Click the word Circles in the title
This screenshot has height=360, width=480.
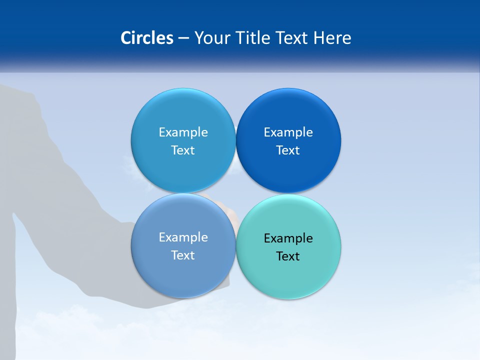(147, 38)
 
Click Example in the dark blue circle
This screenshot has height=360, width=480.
(288, 132)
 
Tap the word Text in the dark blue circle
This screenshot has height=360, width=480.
(288, 150)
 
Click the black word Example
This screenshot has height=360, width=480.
(288, 238)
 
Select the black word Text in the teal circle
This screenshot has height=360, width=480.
(288, 256)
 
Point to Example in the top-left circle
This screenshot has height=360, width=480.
(183, 132)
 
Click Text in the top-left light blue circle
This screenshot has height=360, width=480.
(183, 150)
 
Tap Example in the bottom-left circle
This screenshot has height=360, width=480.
(183, 237)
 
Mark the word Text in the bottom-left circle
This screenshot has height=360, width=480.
(183, 255)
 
